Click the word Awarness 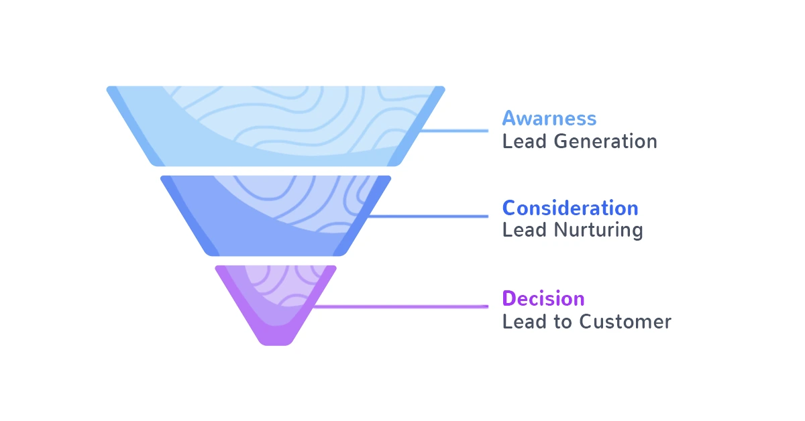(x=549, y=119)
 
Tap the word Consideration (x=570, y=208)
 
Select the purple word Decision (x=543, y=298)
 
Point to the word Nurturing (x=598, y=231)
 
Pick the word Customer (x=625, y=322)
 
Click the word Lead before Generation (x=523, y=141)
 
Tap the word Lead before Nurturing (x=523, y=231)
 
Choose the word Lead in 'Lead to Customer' (x=523, y=322)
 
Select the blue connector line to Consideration (x=429, y=216)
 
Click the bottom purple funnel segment (x=275, y=302)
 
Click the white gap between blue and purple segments (x=276, y=261)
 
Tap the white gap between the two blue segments (x=276, y=171)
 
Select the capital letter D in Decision (x=508, y=298)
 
